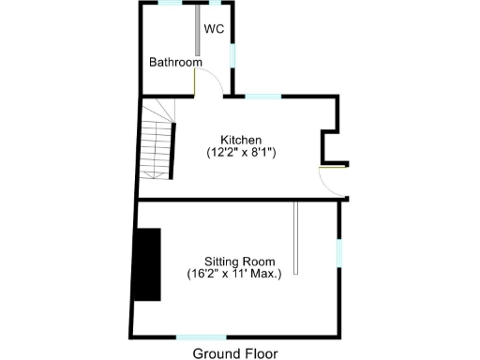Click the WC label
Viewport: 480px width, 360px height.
pyautogui.click(x=214, y=28)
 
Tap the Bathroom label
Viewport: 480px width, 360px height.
pyautogui.click(x=175, y=63)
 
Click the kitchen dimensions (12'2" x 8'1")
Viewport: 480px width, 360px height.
pyautogui.click(x=241, y=151)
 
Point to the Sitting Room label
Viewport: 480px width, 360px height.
pyautogui.click(x=240, y=261)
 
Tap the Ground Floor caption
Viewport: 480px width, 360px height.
pyautogui.click(x=235, y=352)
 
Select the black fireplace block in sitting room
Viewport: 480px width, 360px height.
pyautogui.click(x=145, y=264)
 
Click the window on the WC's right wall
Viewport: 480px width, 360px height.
pyautogui.click(x=232, y=53)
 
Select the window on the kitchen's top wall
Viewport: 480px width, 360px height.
pyautogui.click(x=262, y=96)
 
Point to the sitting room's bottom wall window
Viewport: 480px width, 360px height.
pyautogui.click(x=201, y=337)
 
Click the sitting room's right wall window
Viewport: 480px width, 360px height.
pyautogui.click(x=339, y=251)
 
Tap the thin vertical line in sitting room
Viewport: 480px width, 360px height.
pyautogui.click(x=295, y=238)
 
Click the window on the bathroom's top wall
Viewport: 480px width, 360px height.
pyautogui.click(x=170, y=3)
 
